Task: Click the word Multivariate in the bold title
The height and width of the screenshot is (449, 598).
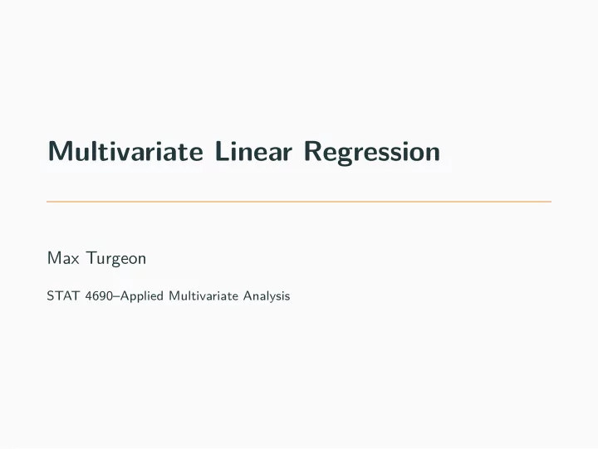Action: pyautogui.click(x=125, y=151)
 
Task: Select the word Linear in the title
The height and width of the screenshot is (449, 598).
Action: pyautogui.click(x=253, y=151)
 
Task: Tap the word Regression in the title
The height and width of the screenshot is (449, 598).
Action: pyautogui.click(x=372, y=153)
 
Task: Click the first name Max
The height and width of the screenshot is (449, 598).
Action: pyautogui.click(x=63, y=258)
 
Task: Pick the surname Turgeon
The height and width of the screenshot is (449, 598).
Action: pyautogui.click(x=117, y=259)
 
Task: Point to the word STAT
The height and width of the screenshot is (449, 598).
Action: pyautogui.click(x=63, y=295)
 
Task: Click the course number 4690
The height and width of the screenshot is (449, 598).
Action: pyautogui.click(x=99, y=295)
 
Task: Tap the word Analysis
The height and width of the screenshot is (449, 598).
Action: pyautogui.click(x=267, y=296)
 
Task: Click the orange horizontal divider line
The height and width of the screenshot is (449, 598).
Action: pyautogui.click(x=299, y=201)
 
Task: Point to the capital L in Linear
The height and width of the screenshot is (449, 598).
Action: pyautogui.click(x=223, y=151)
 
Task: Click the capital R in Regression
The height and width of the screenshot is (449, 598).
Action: pyautogui.click(x=313, y=151)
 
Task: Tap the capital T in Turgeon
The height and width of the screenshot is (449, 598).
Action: pyautogui.click(x=93, y=258)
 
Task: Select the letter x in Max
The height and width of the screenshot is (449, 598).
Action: pyautogui.click(x=75, y=260)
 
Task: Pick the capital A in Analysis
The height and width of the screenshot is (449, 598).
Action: pyautogui.click(x=248, y=295)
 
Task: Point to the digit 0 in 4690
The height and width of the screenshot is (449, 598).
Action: pyautogui.click(x=110, y=295)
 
